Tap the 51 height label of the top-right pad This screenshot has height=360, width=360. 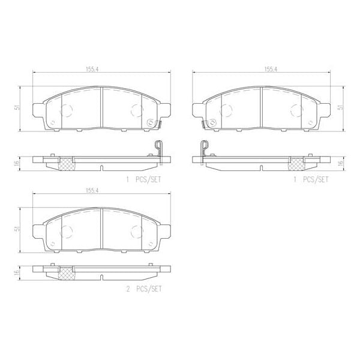tap(341, 107)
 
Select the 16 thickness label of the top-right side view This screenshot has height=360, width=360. tap(341, 163)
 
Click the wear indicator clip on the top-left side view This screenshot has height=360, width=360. tap(158, 148)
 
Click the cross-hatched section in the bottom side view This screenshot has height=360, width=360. tap(67, 272)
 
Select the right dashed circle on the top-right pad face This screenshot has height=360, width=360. tap(295, 110)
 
